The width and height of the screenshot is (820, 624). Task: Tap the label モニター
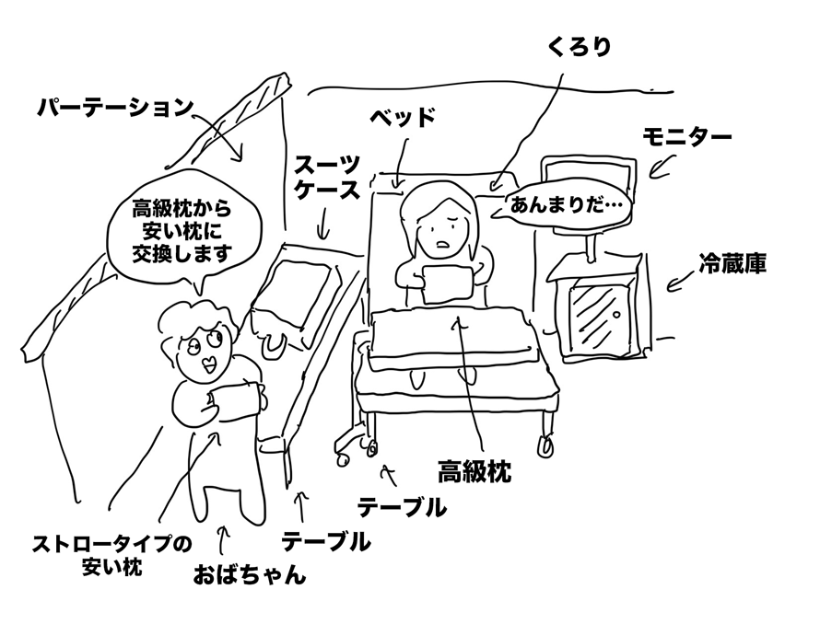click(686, 137)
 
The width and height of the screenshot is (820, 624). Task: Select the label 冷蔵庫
click(733, 265)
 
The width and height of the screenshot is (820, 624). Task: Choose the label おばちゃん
click(249, 576)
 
